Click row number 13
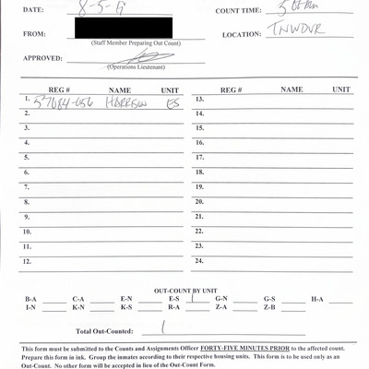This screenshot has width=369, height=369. coord(199,99)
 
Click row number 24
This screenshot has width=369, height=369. coord(199,260)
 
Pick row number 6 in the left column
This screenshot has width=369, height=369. coord(27,173)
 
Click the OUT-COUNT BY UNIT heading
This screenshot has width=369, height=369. coord(184,289)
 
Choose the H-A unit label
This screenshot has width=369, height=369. coord(317,299)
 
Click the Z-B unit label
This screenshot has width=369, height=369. coord(269,307)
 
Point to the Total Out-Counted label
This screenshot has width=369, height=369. coord(104,329)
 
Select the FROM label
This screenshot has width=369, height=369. coord(33,35)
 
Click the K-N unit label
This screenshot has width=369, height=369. coord(78,307)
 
